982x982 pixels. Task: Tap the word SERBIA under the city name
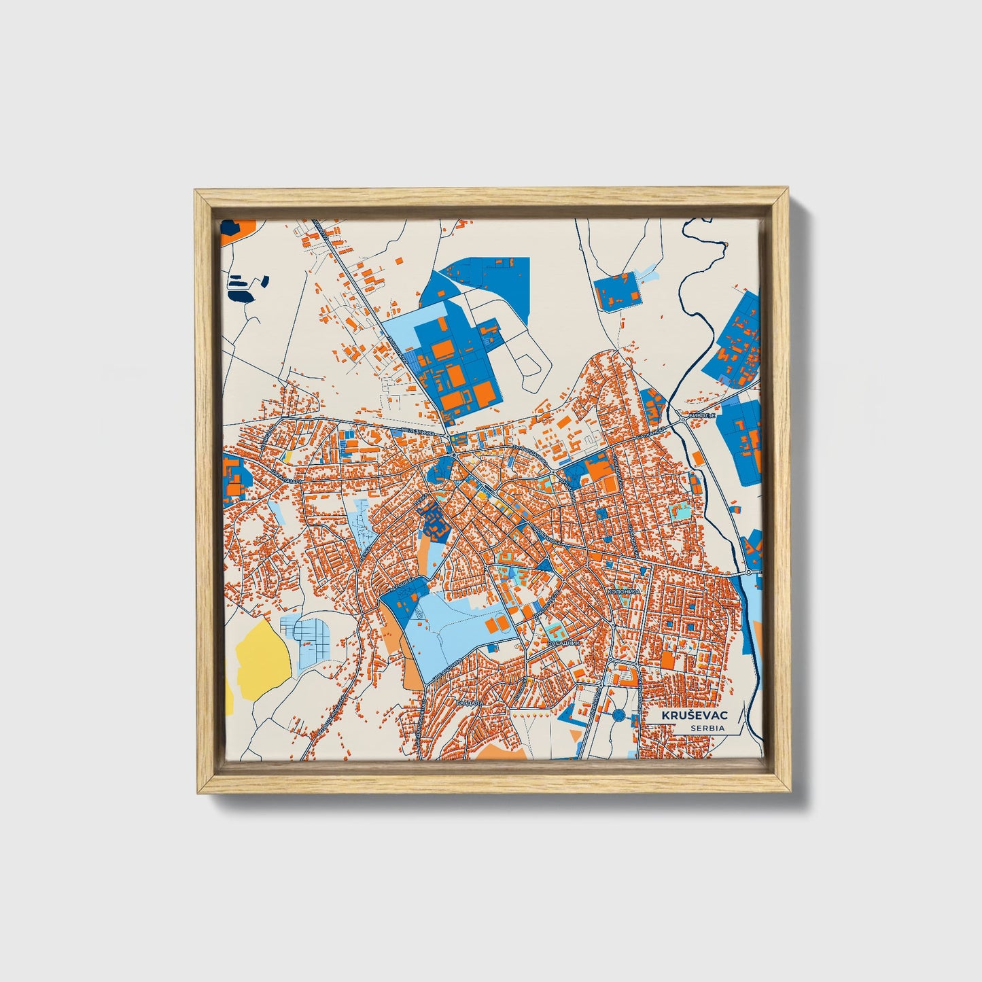coord(707,728)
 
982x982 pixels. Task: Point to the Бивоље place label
coord(702,415)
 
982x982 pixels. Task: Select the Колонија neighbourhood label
coord(624,592)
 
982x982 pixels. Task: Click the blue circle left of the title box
coord(618,715)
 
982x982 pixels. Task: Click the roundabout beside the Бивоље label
coord(682,421)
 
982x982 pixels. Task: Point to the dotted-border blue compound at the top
coord(617,291)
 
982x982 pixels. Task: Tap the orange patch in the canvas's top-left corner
coord(236,229)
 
